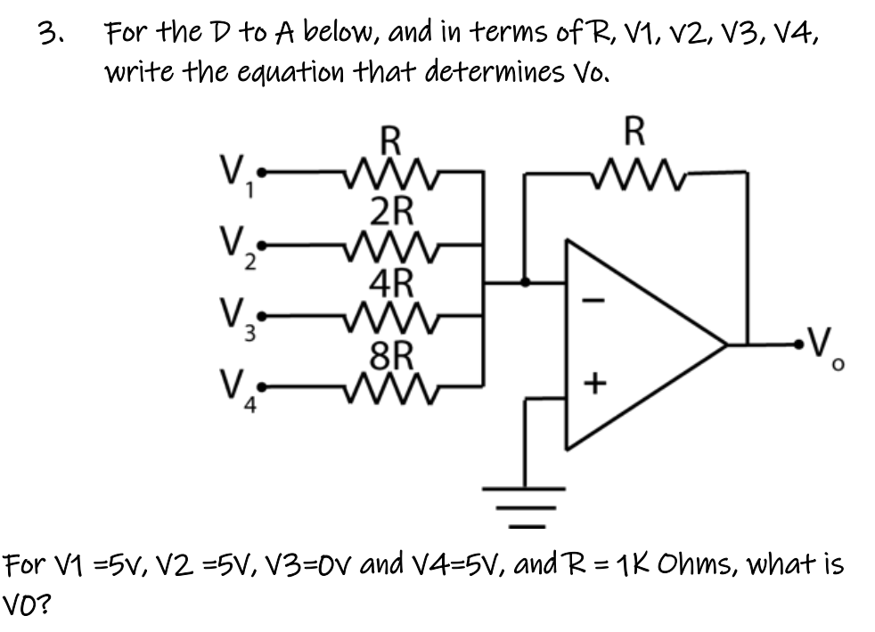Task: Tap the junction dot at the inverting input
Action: [526, 282]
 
